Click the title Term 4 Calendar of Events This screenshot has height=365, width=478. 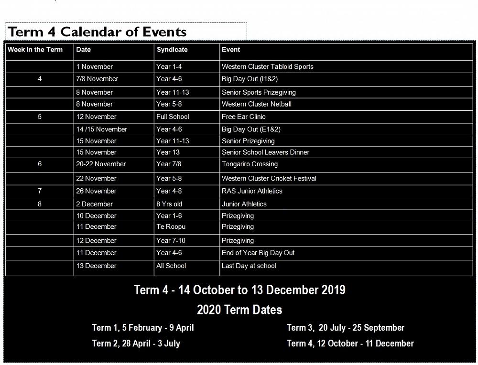[x=97, y=32]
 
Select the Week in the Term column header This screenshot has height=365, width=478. [x=35, y=50]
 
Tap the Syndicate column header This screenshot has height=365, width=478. [x=172, y=50]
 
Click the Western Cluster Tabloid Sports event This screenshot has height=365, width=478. [x=268, y=67]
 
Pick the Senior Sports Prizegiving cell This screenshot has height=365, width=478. [x=259, y=92]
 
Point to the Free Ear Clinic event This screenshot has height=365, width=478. [x=244, y=117]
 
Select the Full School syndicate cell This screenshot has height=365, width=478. [x=173, y=117]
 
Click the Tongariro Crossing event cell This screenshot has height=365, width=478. [x=250, y=164]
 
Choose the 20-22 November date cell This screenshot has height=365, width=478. [x=101, y=164]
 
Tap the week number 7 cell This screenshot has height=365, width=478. [x=40, y=191]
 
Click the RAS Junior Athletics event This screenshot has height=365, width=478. [x=252, y=191]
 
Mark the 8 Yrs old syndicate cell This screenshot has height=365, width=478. [x=169, y=204]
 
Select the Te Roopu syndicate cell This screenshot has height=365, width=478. [x=171, y=226]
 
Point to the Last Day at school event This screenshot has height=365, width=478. [x=249, y=266]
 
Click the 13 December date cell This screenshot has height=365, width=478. [x=96, y=266]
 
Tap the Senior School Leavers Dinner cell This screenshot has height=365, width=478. [x=265, y=152]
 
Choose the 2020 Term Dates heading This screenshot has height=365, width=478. [x=239, y=310]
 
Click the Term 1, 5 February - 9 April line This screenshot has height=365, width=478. [x=143, y=328]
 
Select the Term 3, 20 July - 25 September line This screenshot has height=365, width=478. [x=346, y=328]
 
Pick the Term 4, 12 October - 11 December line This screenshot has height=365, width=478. [x=350, y=344]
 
